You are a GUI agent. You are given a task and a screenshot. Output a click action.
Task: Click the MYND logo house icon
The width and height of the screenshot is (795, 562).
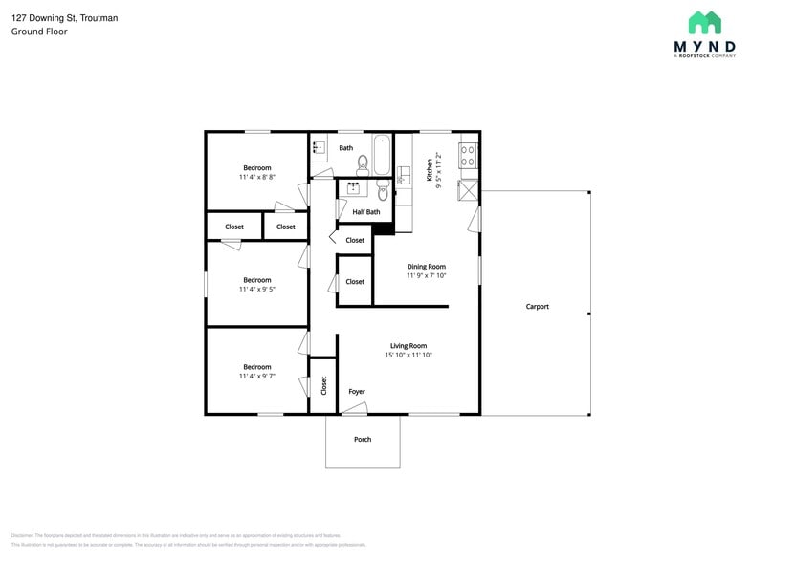(704, 23)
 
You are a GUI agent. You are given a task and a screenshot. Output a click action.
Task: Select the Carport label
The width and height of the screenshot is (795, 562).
(537, 307)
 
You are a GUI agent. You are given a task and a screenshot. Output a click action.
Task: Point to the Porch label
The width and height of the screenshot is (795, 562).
(363, 440)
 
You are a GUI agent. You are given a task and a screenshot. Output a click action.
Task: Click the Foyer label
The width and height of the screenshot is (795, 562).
(356, 392)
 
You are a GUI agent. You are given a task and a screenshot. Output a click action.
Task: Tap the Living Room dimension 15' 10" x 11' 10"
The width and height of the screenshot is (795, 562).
(409, 356)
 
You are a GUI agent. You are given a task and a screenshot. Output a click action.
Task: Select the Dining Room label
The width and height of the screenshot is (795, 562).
(427, 267)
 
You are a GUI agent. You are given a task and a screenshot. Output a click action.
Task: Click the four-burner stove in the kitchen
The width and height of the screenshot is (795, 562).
(468, 155)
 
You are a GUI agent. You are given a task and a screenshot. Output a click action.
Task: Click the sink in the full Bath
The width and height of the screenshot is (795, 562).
(319, 148)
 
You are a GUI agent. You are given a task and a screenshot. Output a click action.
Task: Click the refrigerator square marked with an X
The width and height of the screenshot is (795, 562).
(468, 189)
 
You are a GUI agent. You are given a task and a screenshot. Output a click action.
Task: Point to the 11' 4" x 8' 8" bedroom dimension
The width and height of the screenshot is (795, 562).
(256, 177)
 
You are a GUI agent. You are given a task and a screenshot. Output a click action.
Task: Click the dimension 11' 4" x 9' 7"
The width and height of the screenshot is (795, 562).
(256, 377)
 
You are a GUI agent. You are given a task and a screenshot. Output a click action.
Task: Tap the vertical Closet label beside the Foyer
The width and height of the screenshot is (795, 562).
(323, 385)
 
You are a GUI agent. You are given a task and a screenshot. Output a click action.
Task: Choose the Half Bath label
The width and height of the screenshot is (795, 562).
(365, 212)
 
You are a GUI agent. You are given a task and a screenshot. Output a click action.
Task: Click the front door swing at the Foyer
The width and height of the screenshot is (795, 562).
(354, 409)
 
